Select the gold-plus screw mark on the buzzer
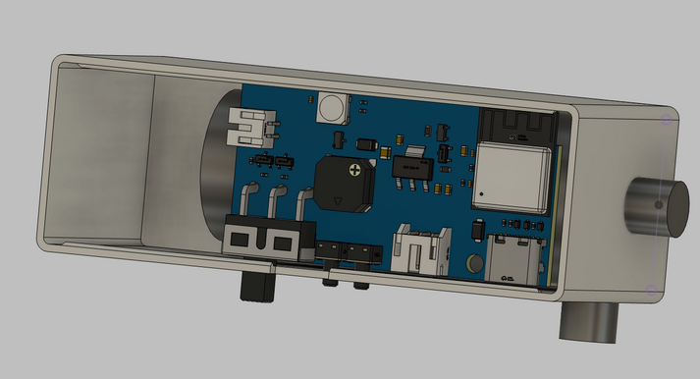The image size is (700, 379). tap(354, 172)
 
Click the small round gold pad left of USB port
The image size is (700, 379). tap(474, 263)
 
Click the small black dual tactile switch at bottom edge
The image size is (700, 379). tap(349, 256)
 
